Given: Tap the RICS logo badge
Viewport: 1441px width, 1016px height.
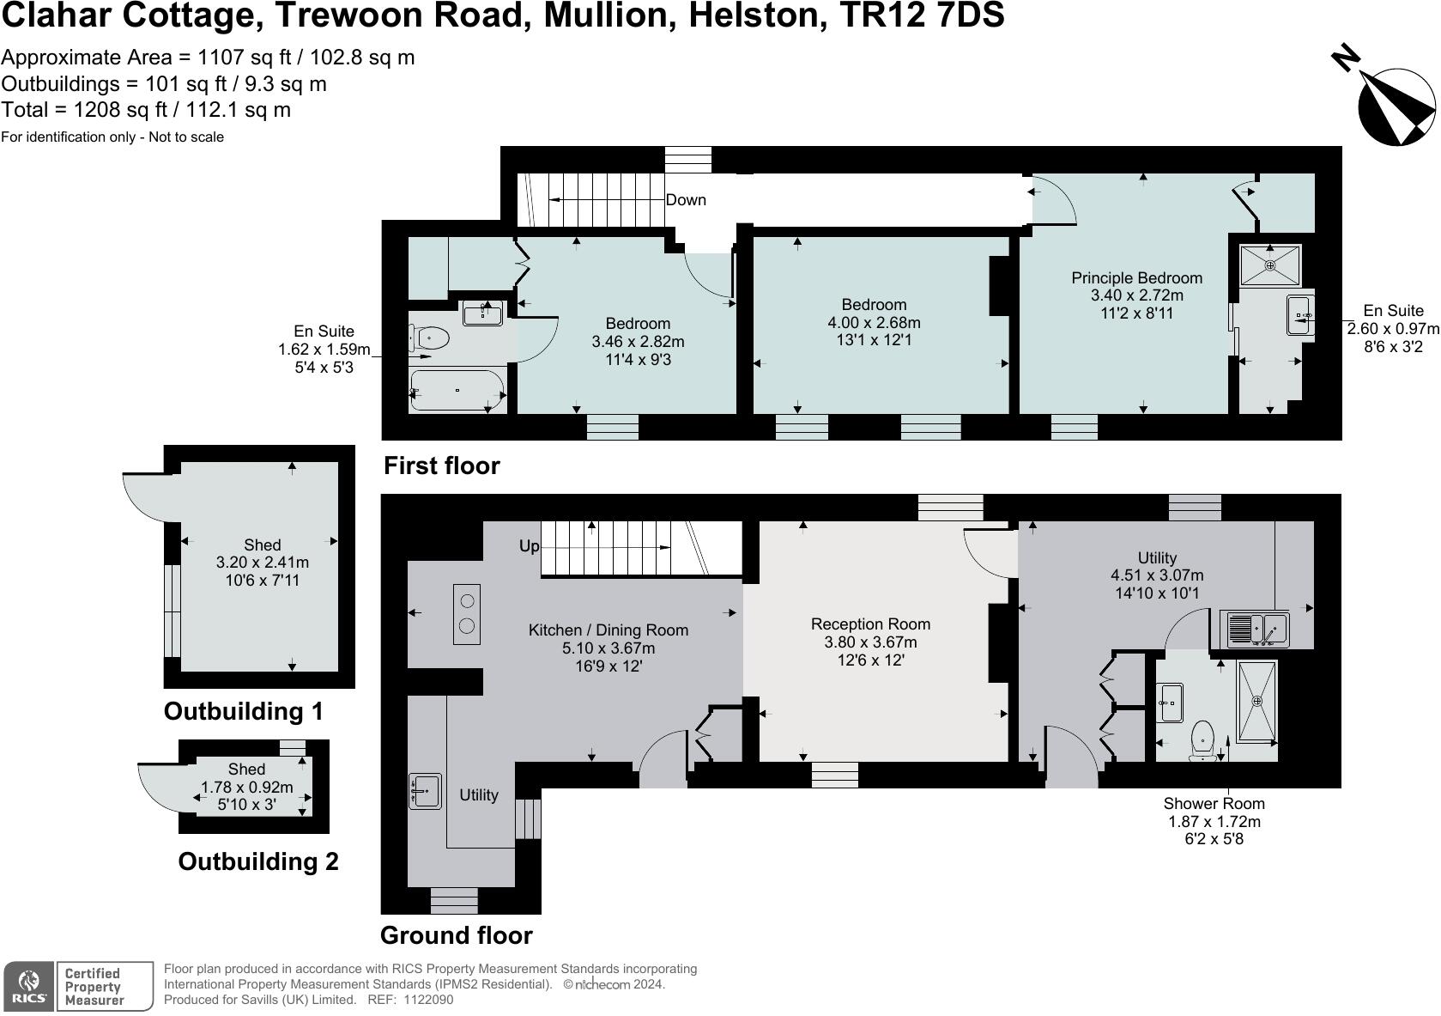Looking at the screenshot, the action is (29, 987).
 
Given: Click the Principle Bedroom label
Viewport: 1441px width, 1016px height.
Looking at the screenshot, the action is (1136, 278).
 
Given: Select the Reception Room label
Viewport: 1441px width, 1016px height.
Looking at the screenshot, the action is (870, 624).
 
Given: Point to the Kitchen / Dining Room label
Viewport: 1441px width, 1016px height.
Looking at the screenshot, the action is (608, 630).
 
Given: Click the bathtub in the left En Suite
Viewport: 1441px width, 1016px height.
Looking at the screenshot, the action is (457, 390).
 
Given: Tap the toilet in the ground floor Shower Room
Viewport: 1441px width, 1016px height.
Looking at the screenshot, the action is (1202, 740).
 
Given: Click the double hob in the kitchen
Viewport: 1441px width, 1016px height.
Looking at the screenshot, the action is (467, 614).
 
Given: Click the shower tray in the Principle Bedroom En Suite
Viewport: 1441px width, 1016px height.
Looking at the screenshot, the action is (1270, 265).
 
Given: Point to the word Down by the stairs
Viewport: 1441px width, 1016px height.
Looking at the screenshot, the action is (686, 200).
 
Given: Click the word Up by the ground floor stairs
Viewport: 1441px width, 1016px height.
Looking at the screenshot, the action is (529, 546).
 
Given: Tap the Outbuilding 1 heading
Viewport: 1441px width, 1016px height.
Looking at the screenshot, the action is (243, 711).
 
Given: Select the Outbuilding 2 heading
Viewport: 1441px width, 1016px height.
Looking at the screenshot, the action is (258, 861).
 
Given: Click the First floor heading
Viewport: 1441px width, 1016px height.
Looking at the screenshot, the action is (441, 465).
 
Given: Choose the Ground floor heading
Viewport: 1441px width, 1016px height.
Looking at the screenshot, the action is (456, 935).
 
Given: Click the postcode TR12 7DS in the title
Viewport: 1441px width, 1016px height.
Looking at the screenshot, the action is (923, 15).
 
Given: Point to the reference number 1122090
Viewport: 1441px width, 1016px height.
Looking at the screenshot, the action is (427, 1000).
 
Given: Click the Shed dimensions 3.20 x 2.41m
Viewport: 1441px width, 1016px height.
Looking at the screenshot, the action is (263, 562).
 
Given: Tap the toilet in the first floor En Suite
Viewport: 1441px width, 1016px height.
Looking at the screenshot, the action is (430, 338).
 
